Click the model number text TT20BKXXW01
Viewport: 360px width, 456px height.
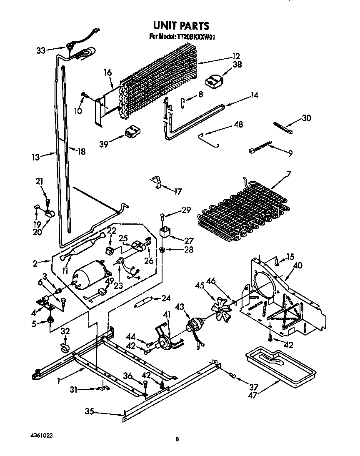tap(195, 37)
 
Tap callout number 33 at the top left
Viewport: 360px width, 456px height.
tap(41, 50)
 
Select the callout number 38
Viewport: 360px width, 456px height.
tap(237, 65)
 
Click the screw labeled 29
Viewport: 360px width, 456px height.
tap(162, 215)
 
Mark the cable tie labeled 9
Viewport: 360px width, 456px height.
tap(260, 148)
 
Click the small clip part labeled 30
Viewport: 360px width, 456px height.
tap(283, 127)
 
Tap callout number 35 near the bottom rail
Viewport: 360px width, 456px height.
tap(90, 412)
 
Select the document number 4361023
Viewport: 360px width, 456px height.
tap(41, 435)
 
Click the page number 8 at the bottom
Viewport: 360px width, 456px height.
tap(177, 439)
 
